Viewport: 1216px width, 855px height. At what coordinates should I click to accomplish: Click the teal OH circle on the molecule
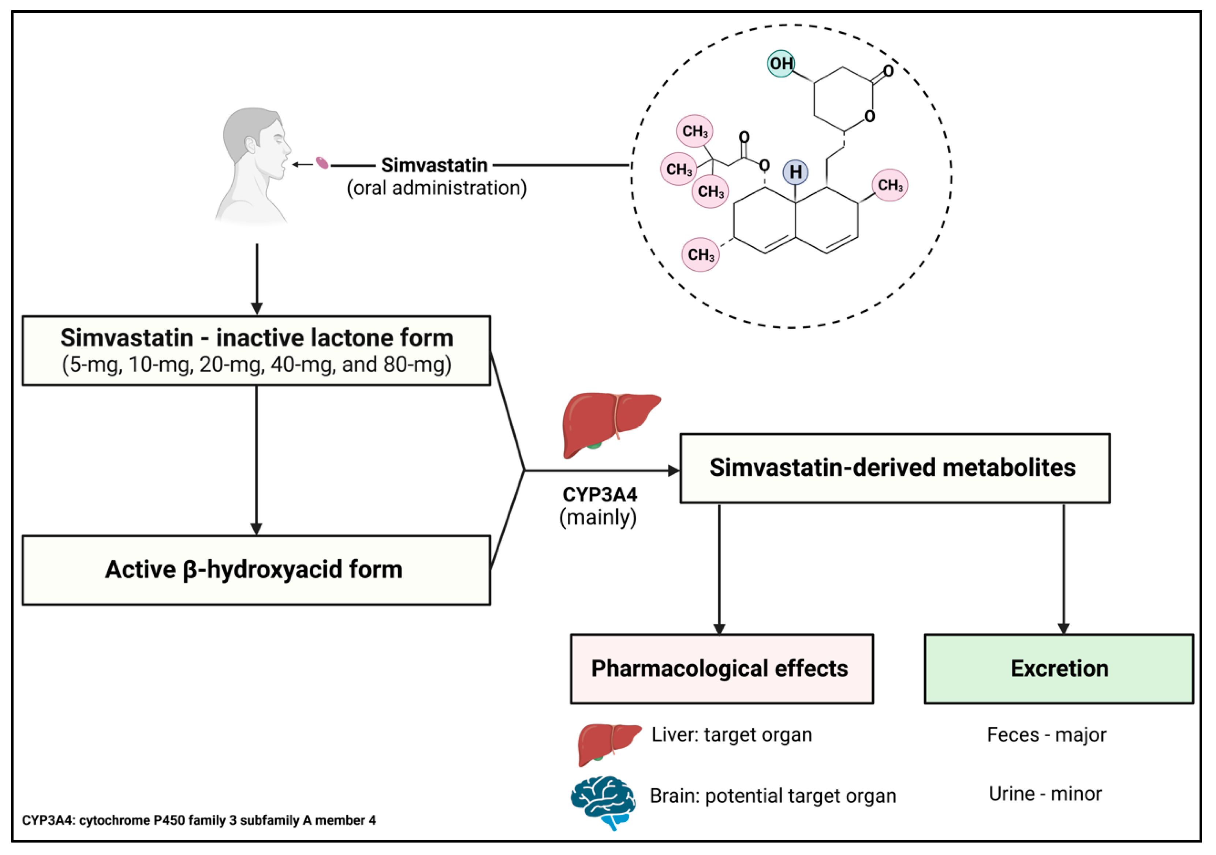click(x=781, y=64)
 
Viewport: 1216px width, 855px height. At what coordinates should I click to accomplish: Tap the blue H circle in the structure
click(x=795, y=172)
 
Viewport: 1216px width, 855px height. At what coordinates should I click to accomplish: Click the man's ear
click(x=250, y=144)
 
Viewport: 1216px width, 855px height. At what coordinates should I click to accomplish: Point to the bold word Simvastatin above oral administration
click(x=434, y=165)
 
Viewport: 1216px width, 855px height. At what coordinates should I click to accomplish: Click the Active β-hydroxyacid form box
click(x=256, y=570)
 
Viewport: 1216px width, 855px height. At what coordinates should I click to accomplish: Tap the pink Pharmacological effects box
click(x=721, y=669)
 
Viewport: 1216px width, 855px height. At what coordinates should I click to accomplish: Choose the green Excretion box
click(x=1059, y=669)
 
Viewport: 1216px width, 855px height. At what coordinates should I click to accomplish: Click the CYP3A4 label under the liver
click(x=600, y=495)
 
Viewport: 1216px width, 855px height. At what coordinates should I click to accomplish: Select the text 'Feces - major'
click(x=1046, y=735)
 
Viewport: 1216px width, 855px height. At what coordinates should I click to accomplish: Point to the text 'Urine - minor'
click(x=1045, y=793)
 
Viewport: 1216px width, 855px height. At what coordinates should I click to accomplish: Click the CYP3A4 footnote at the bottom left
click(x=199, y=820)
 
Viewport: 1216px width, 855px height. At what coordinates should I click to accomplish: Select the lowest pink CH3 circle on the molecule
click(x=700, y=255)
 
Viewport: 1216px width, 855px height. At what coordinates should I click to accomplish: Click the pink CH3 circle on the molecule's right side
click(x=890, y=185)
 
